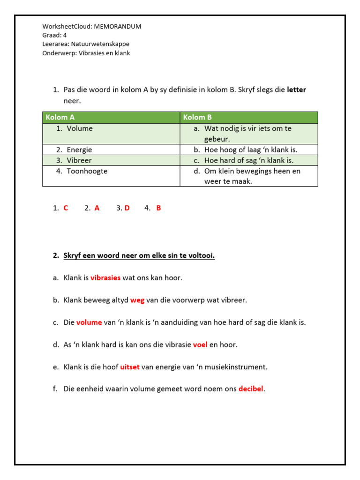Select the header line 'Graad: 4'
(x=55, y=35)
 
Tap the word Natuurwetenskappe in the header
(x=100, y=44)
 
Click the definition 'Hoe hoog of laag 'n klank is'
(x=251, y=150)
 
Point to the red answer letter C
(x=66, y=208)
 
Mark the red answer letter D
(x=127, y=208)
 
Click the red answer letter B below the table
(x=158, y=208)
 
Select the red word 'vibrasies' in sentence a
(x=105, y=277)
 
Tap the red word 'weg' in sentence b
(x=137, y=300)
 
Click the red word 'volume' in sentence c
(x=89, y=322)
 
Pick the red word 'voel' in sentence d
(x=200, y=345)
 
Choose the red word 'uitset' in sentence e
(x=130, y=367)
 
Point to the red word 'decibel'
(x=251, y=389)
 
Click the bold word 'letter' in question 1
(x=296, y=90)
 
